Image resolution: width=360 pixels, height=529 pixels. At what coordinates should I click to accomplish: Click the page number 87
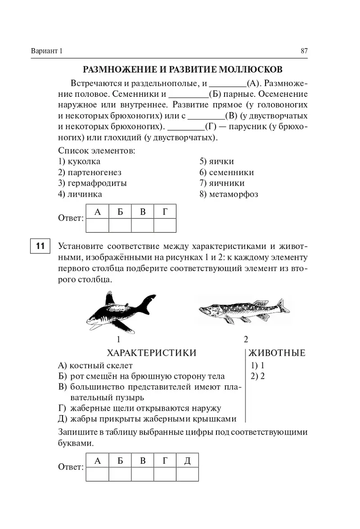(304, 51)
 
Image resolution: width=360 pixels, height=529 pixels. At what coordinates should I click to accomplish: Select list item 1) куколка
(79, 161)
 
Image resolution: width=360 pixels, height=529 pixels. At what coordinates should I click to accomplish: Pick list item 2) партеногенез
(90, 172)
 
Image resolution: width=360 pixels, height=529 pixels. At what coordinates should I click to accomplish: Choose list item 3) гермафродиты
(92, 183)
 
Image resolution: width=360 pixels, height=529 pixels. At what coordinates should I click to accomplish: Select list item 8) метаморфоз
(229, 194)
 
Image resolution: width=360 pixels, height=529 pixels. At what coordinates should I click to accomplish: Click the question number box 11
(40, 246)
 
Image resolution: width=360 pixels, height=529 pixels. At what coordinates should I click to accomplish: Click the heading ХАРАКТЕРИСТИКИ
(151, 353)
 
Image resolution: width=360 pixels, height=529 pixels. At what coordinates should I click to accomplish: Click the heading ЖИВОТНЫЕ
(277, 353)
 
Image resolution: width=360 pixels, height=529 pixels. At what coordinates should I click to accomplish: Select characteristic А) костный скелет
(95, 365)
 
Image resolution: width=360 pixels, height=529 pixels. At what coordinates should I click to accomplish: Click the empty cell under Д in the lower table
(187, 473)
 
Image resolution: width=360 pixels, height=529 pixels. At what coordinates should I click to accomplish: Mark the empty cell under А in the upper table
(97, 225)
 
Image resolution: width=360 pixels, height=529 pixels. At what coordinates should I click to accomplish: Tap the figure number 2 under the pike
(246, 339)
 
